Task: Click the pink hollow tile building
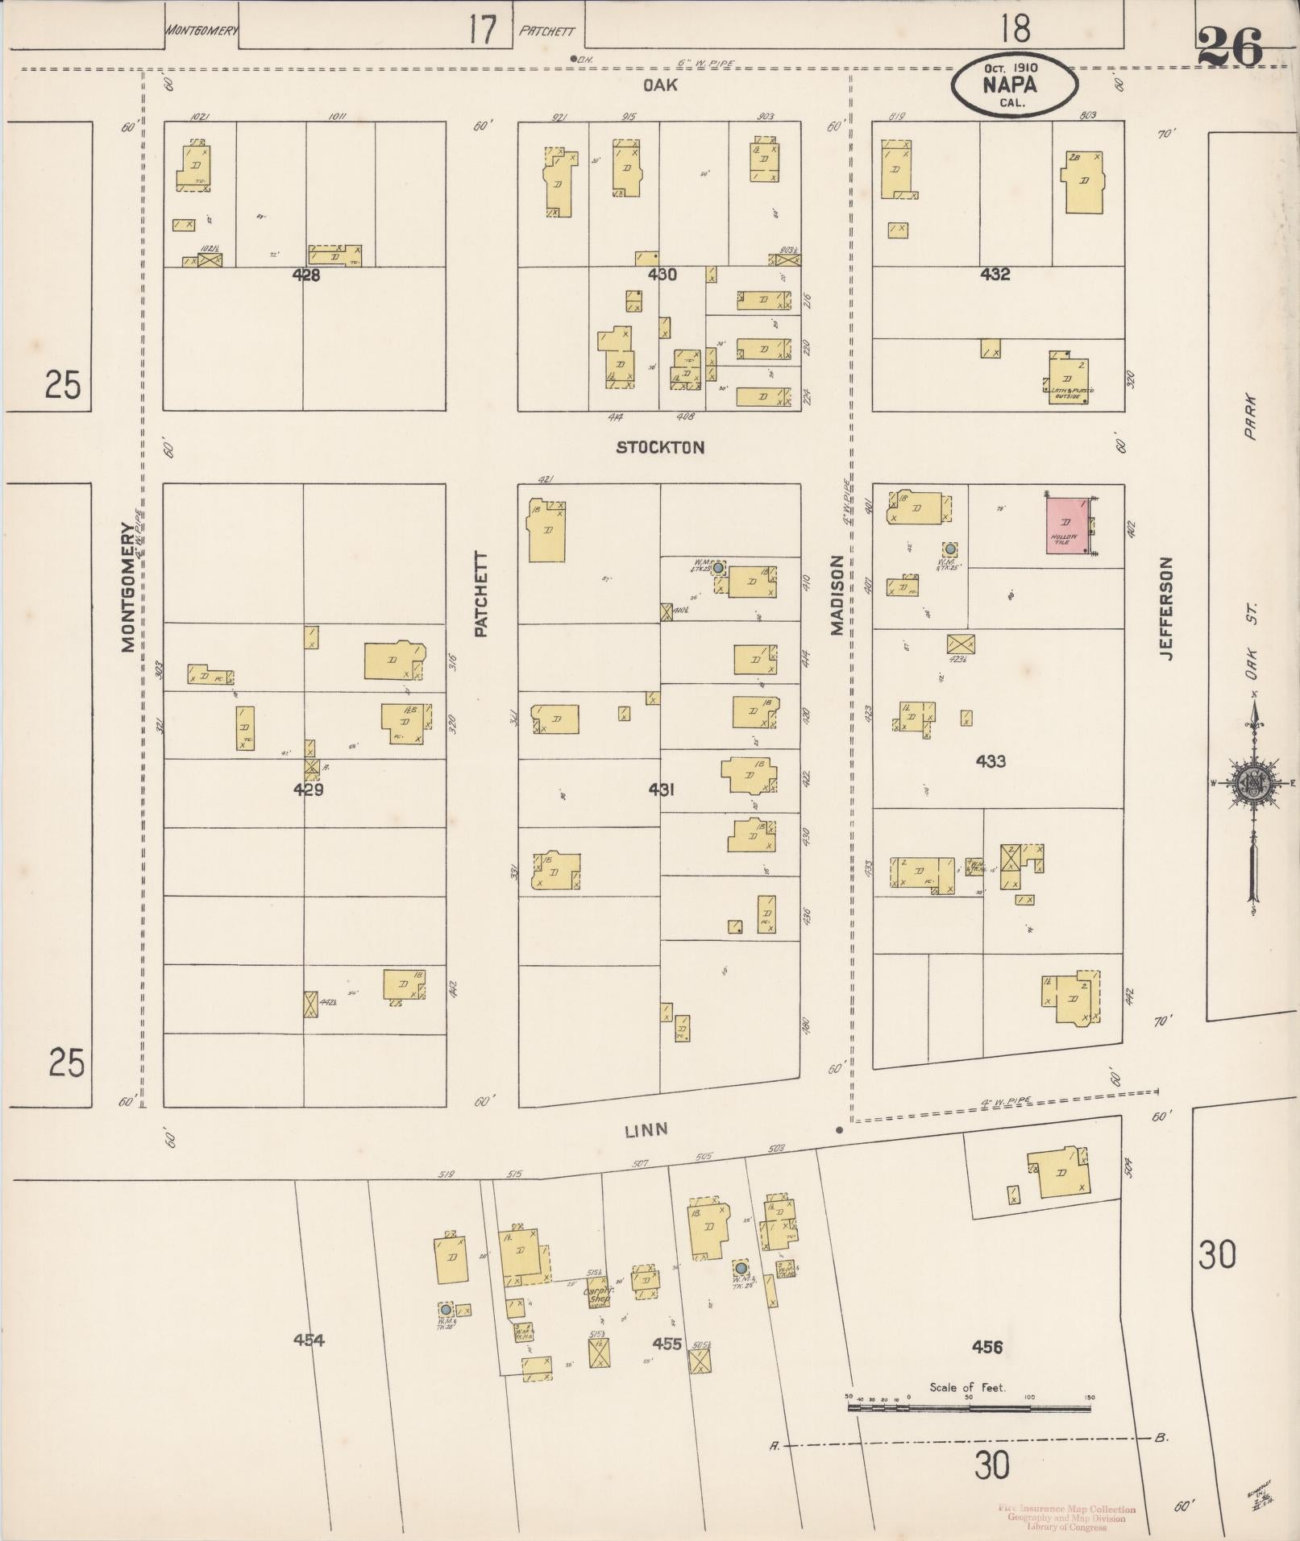(x=1069, y=526)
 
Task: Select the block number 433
(x=990, y=761)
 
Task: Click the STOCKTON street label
(x=660, y=448)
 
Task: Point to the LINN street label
(x=646, y=1129)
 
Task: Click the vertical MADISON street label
(x=837, y=594)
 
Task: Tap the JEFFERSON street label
(x=1166, y=608)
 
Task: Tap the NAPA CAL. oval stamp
(x=1014, y=85)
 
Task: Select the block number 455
(x=667, y=1344)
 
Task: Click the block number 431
(x=661, y=790)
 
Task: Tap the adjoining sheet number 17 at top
(x=481, y=31)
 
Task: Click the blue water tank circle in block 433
(x=950, y=549)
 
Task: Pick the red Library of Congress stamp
(x=1065, y=1518)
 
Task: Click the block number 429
(x=308, y=790)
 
